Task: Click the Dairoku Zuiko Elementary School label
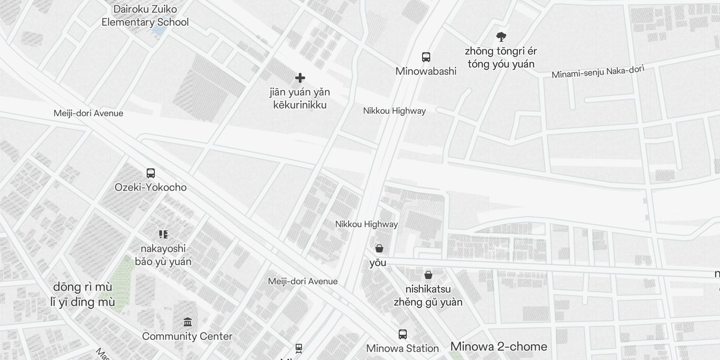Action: [x=145, y=16]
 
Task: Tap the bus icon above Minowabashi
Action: [x=426, y=57]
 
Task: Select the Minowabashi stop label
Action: [x=426, y=71]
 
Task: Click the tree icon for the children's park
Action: [x=501, y=37]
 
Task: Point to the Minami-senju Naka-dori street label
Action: [x=598, y=72]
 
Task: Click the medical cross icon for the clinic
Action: [x=300, y=78]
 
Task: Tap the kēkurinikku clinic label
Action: [x=300, y=99]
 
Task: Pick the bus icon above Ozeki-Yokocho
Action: [x=151, y=173]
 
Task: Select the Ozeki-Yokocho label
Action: [x=151, y=187]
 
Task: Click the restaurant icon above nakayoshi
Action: [x=163, y=234]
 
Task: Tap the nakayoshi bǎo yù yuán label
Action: [x=163, y=255]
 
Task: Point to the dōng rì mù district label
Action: [x=83, y=294]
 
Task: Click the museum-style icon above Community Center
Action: [x=188, y=322]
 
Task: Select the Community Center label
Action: [x=187, y=336]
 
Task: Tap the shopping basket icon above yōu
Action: [x=379, y=248]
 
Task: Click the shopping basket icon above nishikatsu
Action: [x=428, y=274]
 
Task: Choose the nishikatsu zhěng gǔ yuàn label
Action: [x=428, y=295]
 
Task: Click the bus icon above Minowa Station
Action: [x=402, y=334]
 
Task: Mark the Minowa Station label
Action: [x=402, y=348]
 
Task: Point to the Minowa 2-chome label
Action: [x=499, y=346]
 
